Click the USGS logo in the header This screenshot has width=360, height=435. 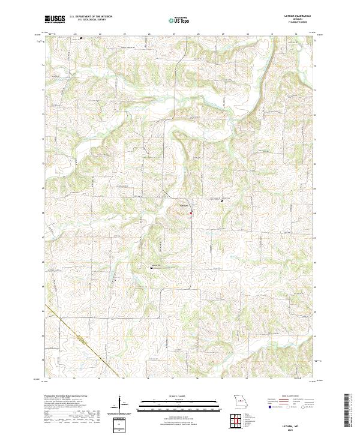coord(55,19)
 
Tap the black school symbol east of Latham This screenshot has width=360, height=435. coord(223,200)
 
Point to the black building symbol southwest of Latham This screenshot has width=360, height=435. coord(151,268)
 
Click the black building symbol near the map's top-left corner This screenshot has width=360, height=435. coord(81,40)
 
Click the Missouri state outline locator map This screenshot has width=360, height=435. coord(241,401)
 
